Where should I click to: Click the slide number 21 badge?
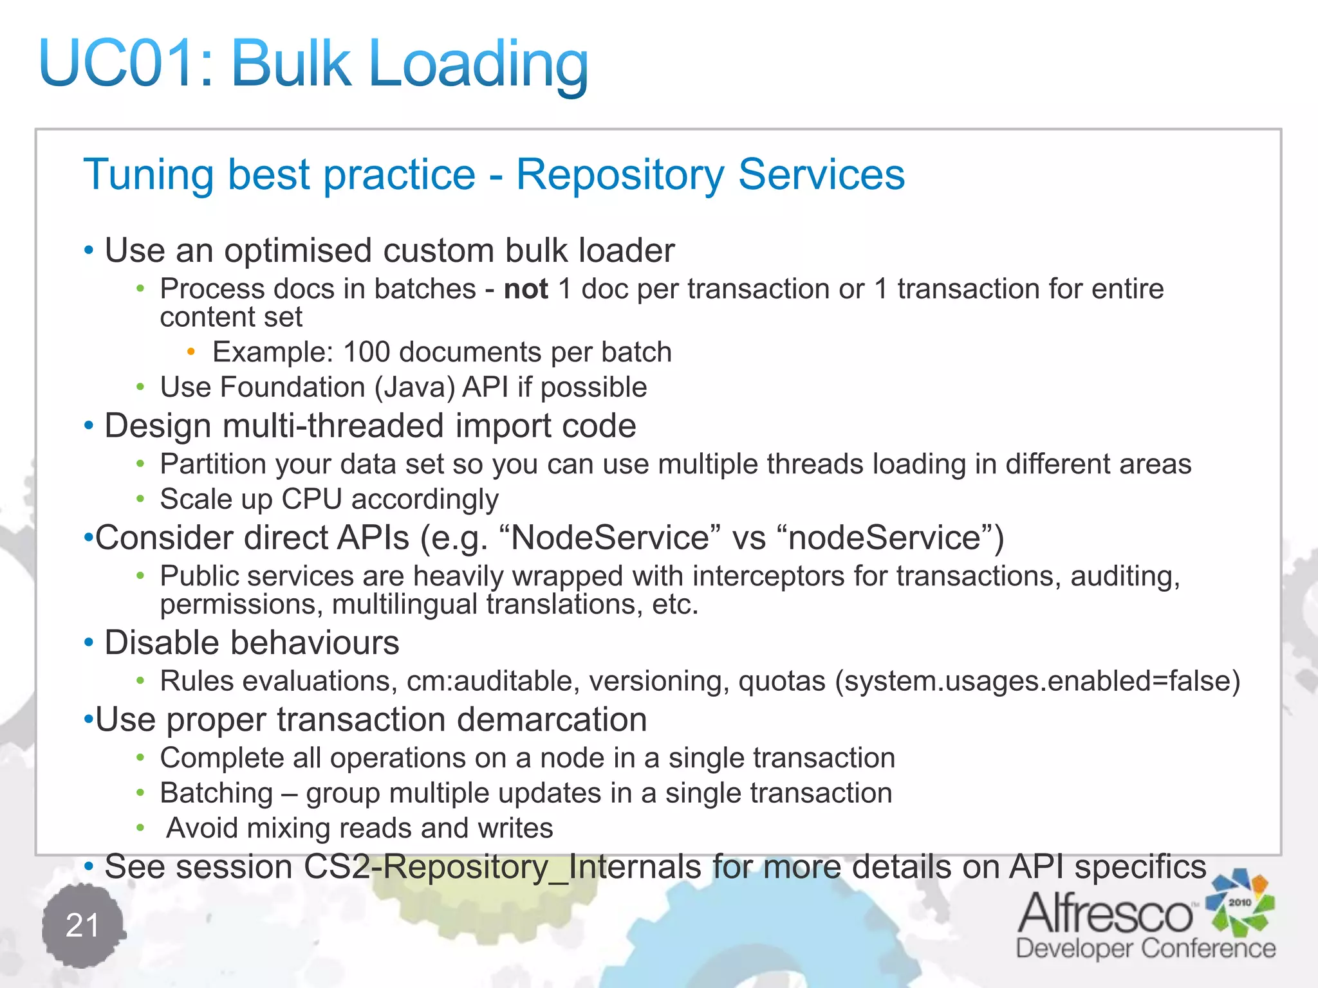click(82, 926)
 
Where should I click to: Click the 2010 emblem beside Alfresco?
click(1239, 902)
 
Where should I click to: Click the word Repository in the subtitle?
click(620, 174)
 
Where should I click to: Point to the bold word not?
click(526, 289)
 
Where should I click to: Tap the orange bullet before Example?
click(190, 351)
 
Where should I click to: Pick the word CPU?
click(311, 499)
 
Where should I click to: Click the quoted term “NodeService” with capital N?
click(609, 538)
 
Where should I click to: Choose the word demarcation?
click(552, 719)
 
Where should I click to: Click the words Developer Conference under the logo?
click(1146, 949)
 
